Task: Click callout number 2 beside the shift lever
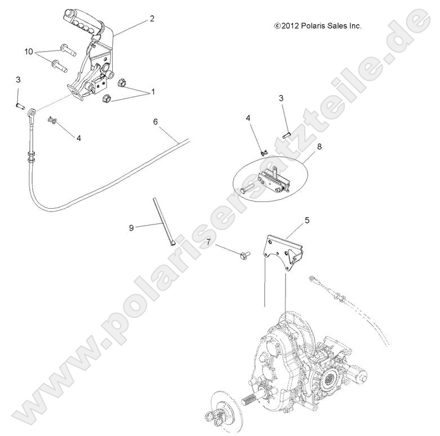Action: point(152,19)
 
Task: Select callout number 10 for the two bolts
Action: point(29,51)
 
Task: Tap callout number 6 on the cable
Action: point(155,121)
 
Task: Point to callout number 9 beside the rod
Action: point(131,227)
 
